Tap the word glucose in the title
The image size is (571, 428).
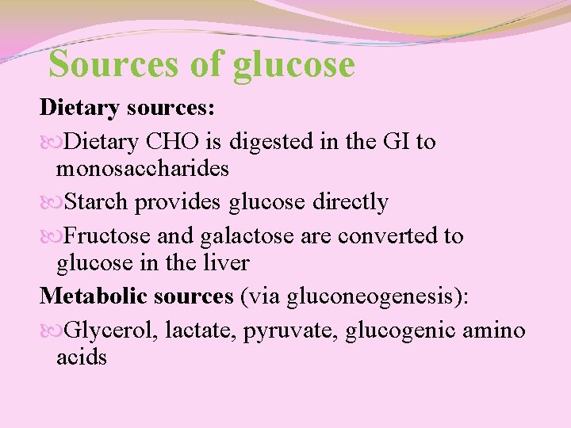(294, 65)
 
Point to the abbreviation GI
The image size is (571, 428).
(396, 142)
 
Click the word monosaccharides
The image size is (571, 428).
(143, 168)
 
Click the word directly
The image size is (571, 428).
(350, 202)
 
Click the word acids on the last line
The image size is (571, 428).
(82, 357)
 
